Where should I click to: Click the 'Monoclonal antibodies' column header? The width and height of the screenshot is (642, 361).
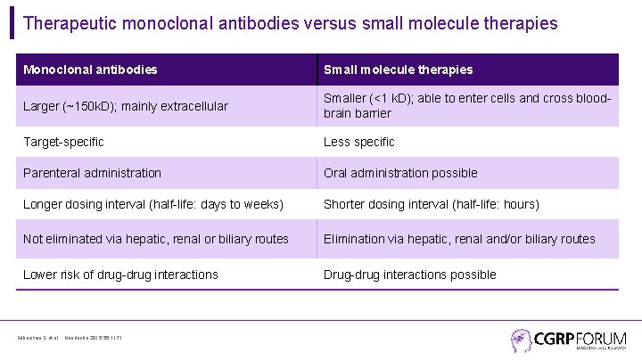(90, 70)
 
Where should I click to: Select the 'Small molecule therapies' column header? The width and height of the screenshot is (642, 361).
(398, 70)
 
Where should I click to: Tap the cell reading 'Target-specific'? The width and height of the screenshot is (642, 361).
(63, 142)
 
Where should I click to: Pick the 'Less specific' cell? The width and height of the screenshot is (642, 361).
(358, 142)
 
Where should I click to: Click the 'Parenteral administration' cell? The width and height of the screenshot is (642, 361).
(92, 173)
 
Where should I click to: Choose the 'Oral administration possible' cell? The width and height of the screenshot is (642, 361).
(400, 173)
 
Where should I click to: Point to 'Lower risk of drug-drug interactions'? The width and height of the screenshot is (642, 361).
(120, 275)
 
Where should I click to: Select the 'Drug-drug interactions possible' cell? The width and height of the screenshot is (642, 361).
(409, 275)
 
